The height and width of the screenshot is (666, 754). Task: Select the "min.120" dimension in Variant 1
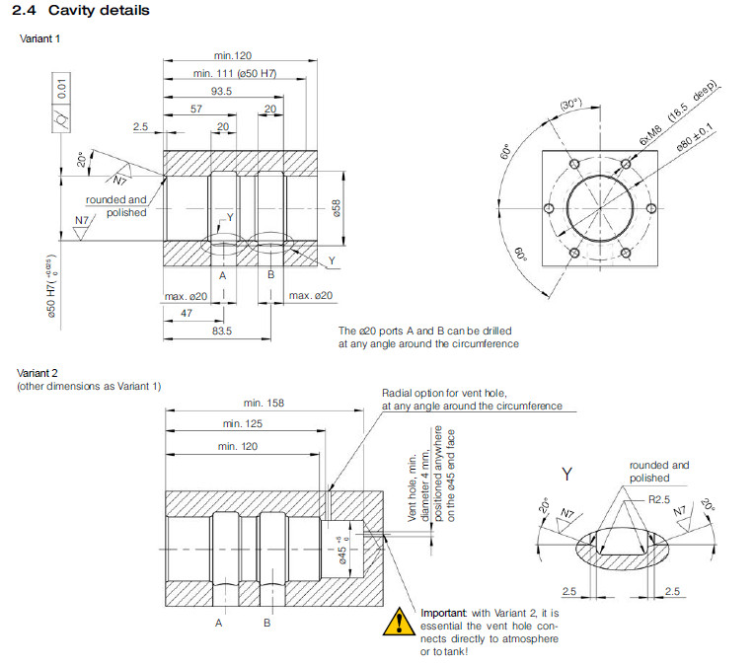234,55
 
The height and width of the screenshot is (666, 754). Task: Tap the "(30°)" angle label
571,104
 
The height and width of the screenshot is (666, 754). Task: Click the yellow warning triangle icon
400,622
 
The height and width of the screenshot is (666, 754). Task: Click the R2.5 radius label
659,500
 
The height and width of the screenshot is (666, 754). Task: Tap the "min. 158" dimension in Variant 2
264,403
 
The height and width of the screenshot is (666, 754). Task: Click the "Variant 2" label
38,373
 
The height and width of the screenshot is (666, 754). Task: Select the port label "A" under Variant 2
219,624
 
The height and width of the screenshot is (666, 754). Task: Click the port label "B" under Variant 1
270,274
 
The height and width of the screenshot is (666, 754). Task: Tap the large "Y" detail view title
566,475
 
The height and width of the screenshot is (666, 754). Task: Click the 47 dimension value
187,312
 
